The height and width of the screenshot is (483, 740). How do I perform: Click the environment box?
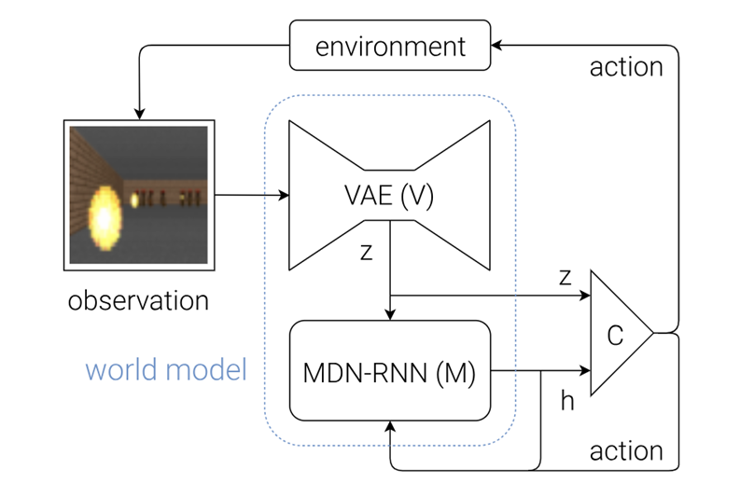pos(390,46)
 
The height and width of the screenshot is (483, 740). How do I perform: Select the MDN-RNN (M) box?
pos(390,372)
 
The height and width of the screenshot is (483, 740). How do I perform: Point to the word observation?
pos(139,300)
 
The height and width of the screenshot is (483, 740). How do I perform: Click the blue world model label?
pos(166,370)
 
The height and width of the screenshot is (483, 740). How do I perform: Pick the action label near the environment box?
pos(626,67)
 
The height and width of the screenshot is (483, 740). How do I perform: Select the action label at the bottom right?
pos(626,451)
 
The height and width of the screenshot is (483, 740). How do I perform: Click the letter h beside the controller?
pos(567,401)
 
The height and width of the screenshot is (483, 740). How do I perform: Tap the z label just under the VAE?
pos(367,254)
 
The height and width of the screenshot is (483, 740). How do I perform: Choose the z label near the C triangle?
pos(564,278)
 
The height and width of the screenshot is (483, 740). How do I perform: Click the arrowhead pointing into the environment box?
pos(497,45)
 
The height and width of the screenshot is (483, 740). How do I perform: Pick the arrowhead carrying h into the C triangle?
pos(585,371)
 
